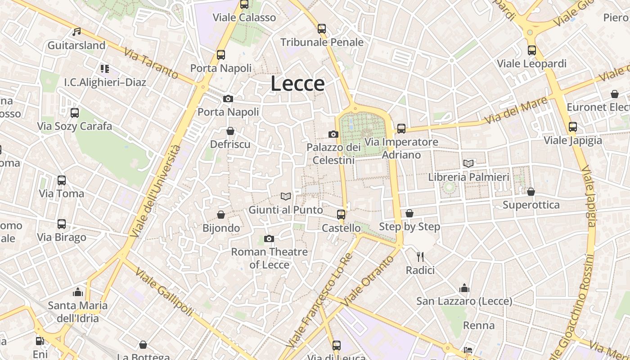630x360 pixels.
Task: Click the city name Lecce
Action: pyautogui.click(x=297, y=84)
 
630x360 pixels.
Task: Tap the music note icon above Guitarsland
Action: pyautogui.click(x=77, y=32)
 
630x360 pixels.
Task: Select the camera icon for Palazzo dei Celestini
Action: pyautogui.click(x=333, y=134)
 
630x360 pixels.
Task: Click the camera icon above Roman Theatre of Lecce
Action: pyautogui.click(x=269, y=238)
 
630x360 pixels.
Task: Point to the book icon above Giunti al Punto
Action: pyautogui.click(x=286, y=196)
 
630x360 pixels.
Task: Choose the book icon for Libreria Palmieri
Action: pyautogui.click(x=468, y=163)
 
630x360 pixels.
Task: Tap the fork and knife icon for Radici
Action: pyautogui.click(x=420, y=257)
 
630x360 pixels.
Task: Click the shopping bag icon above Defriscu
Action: pyautogui.click(x=230, y=131)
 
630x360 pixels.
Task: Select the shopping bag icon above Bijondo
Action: pyautogui.click(x=221, y=215)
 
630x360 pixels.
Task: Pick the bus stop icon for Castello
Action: pyautogui.click(x=341, y=215)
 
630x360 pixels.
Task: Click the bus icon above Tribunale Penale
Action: pyautogui.click(x=322, y=29)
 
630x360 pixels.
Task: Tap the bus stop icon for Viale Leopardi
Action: pyautogui.click(x=532, y=50)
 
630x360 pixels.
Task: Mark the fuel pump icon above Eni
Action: pyautogui.click(x=40, y=341)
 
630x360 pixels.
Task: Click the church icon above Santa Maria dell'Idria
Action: pyautogui.click(x=78, y=292)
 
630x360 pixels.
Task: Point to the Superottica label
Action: pyautogui.click(x=531, y=205)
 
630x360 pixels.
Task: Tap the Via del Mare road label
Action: pyautogui.click(x=517, y=111)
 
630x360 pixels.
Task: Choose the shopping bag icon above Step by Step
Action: pyautogui.click(x=409, y=213)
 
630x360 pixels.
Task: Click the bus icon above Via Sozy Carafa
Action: pyautogui.click(x=75, y=113)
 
